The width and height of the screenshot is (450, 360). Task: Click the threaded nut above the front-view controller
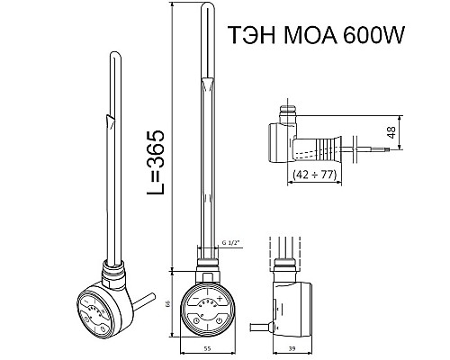206,268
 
